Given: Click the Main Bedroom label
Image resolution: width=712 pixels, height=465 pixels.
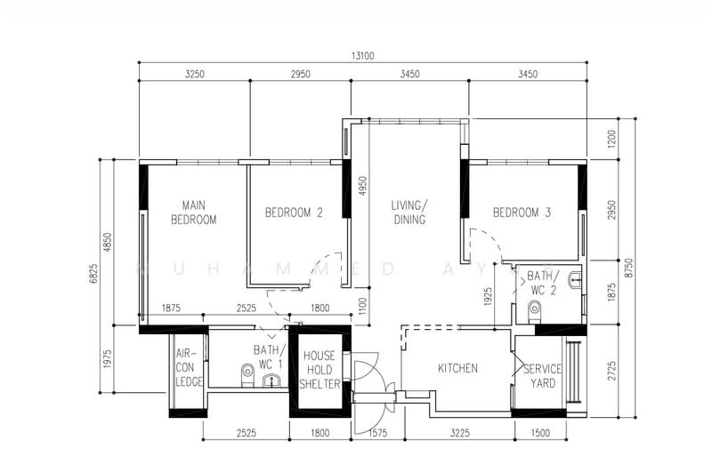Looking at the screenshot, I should click(x=194, y=212).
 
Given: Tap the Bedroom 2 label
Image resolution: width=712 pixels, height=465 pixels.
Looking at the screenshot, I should click(x=294, y=212).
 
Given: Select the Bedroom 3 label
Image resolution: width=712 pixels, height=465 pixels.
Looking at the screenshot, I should click(x=522, y=212).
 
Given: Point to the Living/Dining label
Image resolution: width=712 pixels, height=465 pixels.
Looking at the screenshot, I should click(x=409, y=212).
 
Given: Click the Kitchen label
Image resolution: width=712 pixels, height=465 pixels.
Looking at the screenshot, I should click(x=457, y=368).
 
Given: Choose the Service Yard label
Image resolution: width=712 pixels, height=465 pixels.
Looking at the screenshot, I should click(x=541, y=375).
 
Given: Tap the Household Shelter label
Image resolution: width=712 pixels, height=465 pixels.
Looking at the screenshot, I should click(x=320, y=369).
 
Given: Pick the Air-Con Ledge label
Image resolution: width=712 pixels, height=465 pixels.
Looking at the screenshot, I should click(x=189, y=367).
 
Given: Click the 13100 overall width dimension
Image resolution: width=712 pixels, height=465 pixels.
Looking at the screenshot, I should click(x=362, y=56).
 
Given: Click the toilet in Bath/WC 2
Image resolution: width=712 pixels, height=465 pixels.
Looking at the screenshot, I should click(x=534, y=309).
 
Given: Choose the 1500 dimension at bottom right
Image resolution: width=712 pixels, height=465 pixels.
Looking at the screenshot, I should click(x=539, y=435).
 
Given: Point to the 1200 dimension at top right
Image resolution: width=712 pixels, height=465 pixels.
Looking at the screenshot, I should click(x=611, y=139).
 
